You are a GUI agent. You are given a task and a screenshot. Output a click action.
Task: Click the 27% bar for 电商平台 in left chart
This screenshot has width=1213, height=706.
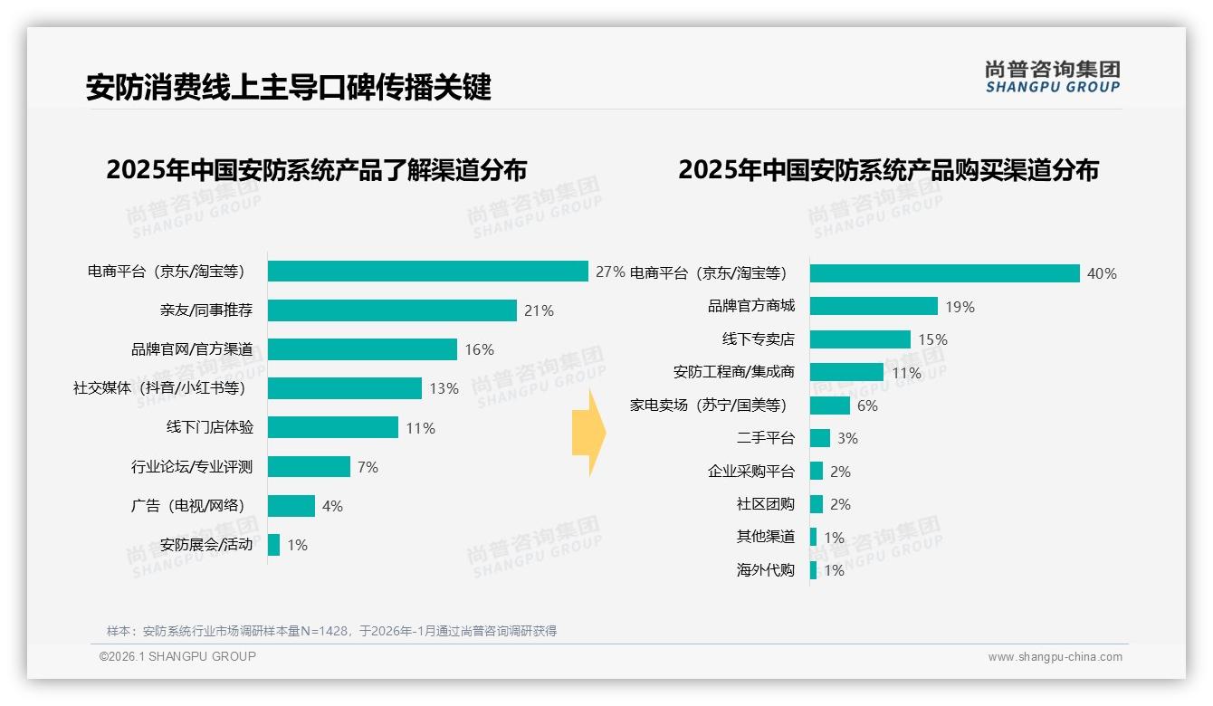coord(428,272)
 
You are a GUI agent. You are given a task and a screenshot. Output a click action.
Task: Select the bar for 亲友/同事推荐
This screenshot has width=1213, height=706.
coord(392,310)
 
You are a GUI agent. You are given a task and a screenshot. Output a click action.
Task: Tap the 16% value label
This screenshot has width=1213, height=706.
coord(479,350)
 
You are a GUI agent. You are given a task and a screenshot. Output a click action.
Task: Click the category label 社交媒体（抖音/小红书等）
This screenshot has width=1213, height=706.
coord(159,388)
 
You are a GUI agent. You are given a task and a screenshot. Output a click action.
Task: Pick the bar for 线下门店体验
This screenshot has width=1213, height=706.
coord(333,427)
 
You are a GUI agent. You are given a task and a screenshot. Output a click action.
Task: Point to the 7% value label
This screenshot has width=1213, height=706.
coord(368,467)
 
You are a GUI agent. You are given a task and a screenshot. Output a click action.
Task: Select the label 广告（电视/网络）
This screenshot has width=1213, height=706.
coord(188,506)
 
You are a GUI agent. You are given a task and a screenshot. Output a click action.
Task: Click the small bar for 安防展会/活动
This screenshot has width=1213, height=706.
coord(273,545)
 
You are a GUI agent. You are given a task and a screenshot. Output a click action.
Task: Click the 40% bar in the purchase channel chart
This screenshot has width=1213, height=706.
coord(944,273)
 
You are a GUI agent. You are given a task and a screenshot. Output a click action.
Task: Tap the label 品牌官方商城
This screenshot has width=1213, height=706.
coord(750,306)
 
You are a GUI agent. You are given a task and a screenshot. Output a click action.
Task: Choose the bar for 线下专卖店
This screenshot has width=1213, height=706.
coord(860,339)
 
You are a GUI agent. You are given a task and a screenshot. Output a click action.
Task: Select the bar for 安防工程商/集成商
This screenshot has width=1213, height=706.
coord(846,372)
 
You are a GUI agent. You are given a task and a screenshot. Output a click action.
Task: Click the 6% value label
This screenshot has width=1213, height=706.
coord(867,406)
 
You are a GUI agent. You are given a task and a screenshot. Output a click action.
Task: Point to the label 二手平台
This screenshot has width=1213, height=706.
coord(765,438)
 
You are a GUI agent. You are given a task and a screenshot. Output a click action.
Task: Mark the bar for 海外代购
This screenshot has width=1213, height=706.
coord(813,570)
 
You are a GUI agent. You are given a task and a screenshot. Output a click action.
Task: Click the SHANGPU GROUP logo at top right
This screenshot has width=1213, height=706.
coord(1052,77)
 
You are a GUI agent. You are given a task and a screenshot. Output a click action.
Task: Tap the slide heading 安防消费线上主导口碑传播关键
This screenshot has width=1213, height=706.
coord(288,87)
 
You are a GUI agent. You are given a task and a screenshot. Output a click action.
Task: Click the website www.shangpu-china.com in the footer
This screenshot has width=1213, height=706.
coord(1055,657)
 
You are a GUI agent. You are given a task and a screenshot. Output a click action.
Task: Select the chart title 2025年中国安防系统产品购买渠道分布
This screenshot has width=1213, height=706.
coord(888,170)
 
